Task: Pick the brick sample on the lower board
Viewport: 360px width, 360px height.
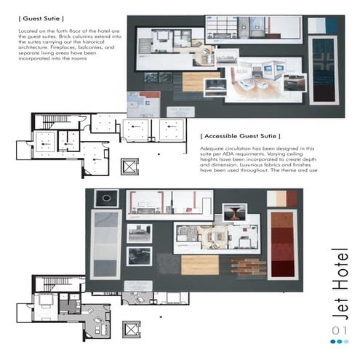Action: (244, 265)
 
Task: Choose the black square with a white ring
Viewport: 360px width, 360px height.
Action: (106, 198)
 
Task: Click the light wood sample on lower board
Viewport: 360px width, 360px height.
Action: (200, 265)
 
